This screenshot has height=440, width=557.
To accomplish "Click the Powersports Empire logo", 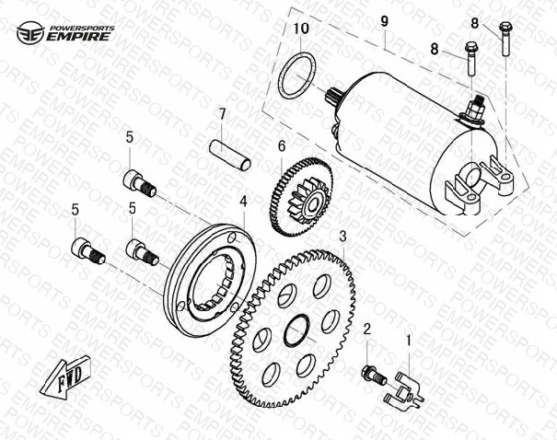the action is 65,32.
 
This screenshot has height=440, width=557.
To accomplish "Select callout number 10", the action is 302,29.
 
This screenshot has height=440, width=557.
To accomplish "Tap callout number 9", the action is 384,21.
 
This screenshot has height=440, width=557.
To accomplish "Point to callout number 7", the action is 222,114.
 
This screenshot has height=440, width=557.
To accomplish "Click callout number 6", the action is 282,145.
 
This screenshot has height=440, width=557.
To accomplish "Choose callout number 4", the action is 243,201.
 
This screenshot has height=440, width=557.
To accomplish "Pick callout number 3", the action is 342,237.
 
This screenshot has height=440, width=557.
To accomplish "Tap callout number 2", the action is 367,330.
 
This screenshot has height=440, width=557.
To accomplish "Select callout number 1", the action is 409,341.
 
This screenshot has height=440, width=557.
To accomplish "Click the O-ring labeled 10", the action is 297,75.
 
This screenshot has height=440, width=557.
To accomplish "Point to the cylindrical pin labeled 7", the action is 229,156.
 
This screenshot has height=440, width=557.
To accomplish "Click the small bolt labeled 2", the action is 375,376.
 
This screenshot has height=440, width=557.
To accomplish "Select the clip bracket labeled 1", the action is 403,388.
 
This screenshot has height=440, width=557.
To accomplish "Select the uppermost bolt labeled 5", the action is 140,183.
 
